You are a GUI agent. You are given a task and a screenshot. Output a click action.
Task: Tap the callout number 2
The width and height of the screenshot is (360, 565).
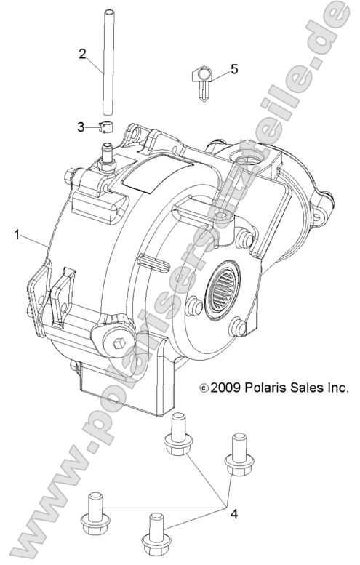(x=83, y=53)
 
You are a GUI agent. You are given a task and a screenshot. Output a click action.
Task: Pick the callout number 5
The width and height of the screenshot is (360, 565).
(x=233, y=69)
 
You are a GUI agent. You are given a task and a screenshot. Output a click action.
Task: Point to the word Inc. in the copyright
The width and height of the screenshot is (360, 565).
(x=338, y=388)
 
